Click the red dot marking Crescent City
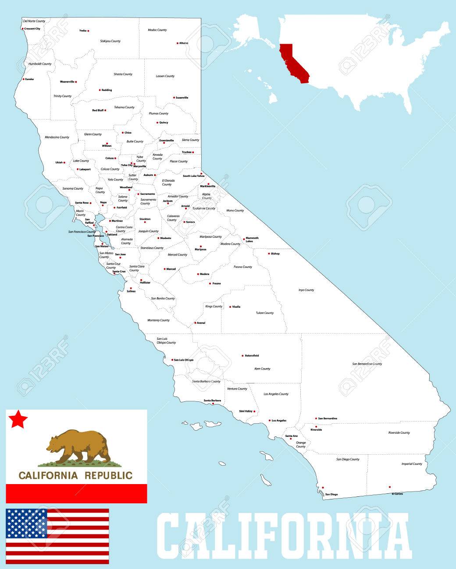22,29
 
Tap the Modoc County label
157,30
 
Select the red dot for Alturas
178,43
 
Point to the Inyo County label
306,290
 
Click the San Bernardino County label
367,364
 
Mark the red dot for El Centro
389,487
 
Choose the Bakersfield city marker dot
242,356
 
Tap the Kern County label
262,369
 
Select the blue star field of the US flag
26,523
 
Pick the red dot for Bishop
269,253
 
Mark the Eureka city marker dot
23,79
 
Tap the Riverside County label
399,432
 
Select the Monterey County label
158,320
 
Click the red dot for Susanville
174,98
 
